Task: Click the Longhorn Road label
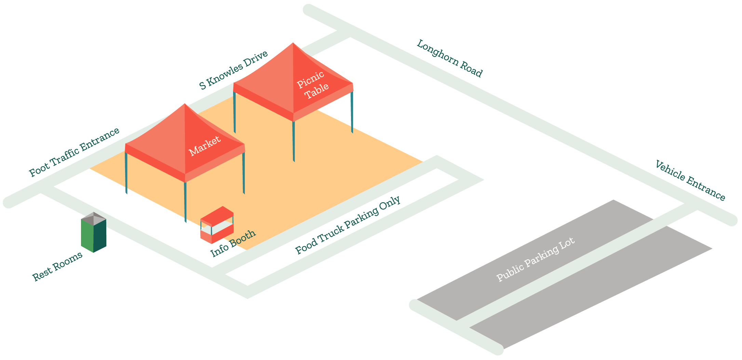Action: point(449,59)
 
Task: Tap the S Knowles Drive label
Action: point(233,70)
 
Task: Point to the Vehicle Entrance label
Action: point(690,181)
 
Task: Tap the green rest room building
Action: point(93,236)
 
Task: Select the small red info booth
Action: point(217,225)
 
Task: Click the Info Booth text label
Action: point(233,243)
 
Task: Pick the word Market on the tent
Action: point(204,146)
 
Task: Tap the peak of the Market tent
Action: point(185,104)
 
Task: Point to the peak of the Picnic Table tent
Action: point(293,43)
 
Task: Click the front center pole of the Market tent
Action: point(185,202)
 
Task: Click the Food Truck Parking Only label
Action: point(348,225)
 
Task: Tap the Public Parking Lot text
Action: point(536,260)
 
